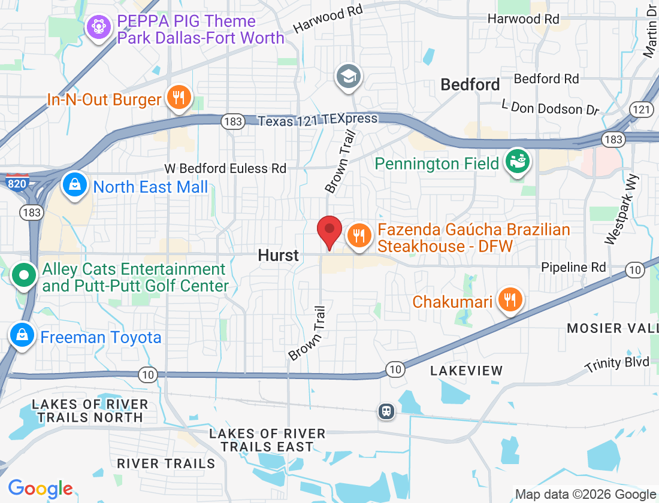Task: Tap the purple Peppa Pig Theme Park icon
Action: coord(97,27)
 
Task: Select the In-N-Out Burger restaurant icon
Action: coord(179,96)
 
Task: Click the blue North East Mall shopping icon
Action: coord(75,184)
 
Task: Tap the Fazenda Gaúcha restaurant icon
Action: coord(359,235)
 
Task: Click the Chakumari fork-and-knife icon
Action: coord(510,299)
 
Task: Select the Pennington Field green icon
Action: coord(517,161)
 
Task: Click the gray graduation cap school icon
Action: coord(348,76)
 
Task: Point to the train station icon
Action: coord(386,411)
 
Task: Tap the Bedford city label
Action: coord(470,85)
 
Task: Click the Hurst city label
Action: coord(278,256)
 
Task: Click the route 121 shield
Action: coord(641,109)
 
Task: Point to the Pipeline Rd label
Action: coord(573,267)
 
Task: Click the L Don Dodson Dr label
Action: coord(551,108)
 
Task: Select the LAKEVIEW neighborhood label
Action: coord(467,371)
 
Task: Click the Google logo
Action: coord(40,489)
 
